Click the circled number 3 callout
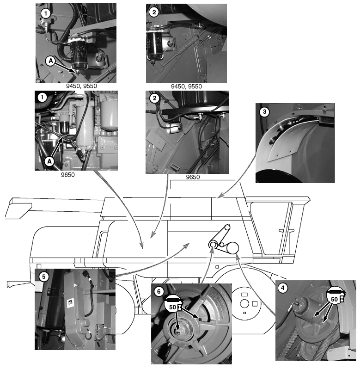264,112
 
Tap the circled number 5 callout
44,277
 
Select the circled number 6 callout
159,292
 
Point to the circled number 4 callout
283,288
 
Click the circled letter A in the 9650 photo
49,161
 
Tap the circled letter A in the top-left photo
50,61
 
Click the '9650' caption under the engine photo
68,175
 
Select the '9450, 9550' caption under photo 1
81,86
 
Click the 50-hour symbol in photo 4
336,295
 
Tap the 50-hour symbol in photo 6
174,303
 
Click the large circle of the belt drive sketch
232,248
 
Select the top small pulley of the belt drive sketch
227,228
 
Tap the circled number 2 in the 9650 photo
154,98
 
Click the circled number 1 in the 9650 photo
43,97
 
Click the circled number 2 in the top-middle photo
154,12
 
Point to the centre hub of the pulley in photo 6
179,332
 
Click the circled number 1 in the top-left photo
46,13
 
